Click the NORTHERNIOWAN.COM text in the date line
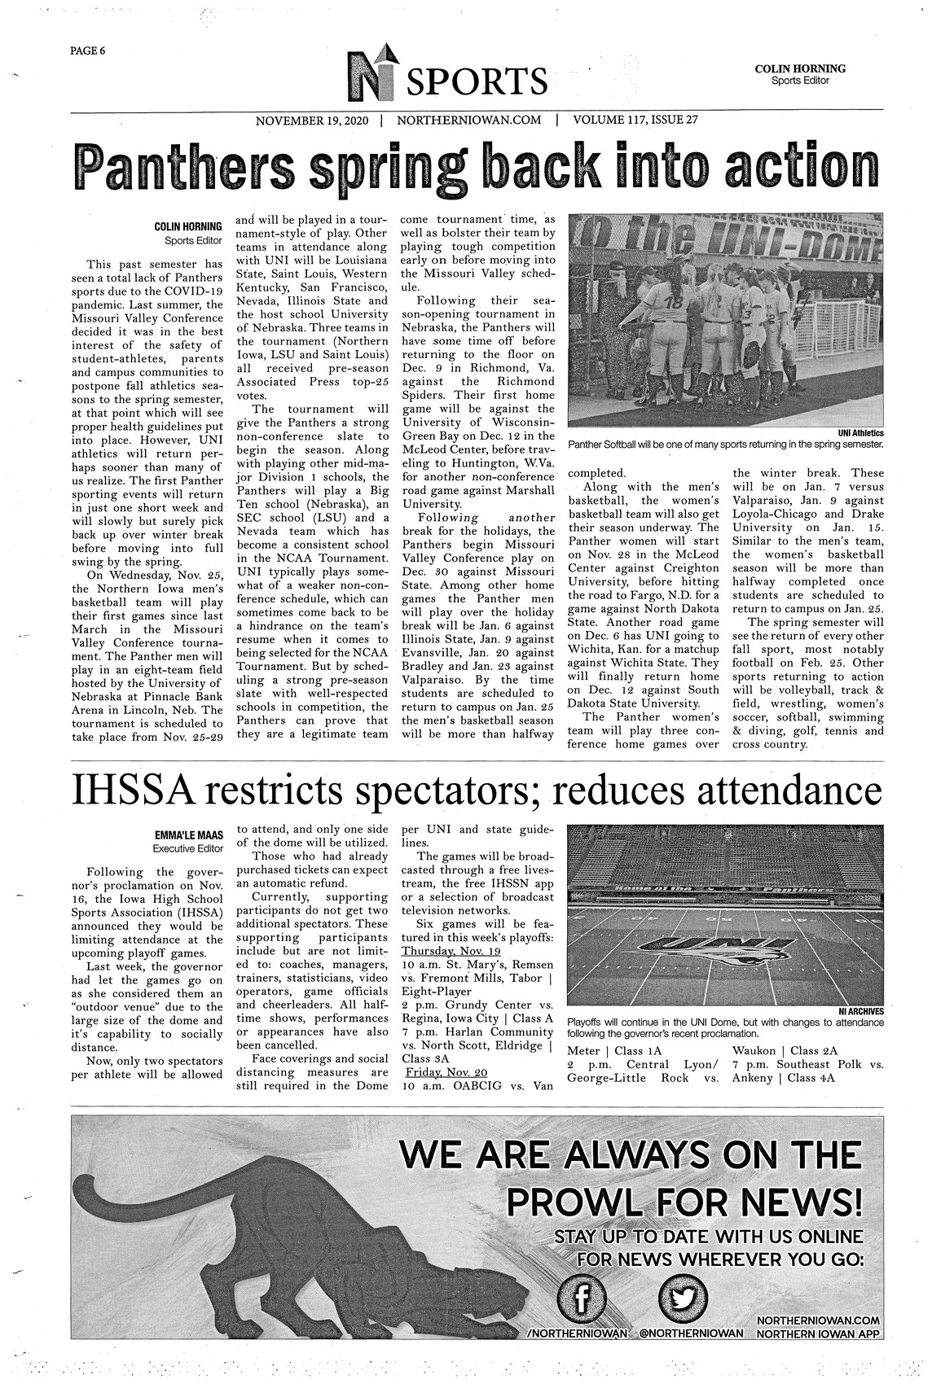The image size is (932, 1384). [x=468, y=120]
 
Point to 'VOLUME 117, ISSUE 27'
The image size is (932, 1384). [x=635, y=120]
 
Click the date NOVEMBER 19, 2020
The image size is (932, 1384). [x=312, y=120]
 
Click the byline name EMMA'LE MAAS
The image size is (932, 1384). [x=188, y=834]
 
